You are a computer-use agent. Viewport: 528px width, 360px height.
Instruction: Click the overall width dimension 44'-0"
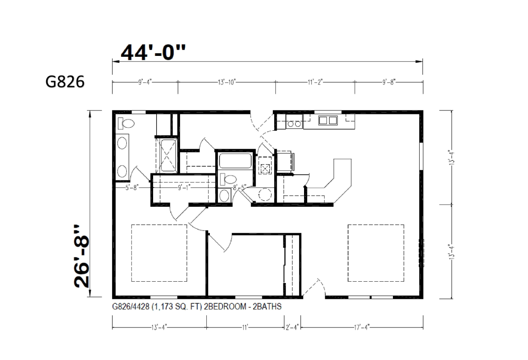(153, 52)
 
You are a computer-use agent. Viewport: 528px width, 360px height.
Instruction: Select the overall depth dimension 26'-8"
(82, 257)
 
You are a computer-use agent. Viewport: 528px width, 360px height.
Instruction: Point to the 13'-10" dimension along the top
(227, 82)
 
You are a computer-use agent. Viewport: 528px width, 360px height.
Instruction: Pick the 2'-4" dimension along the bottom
(292, 327)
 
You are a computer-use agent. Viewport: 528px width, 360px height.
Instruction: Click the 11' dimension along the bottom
(245, 327)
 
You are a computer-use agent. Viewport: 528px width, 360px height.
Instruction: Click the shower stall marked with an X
(168, 156)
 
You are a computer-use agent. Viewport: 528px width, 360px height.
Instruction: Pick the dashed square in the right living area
(376, 253)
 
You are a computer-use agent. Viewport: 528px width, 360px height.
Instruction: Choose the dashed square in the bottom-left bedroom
(159, 253)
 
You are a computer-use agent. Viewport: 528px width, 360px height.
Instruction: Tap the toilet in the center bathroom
(228, 179)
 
